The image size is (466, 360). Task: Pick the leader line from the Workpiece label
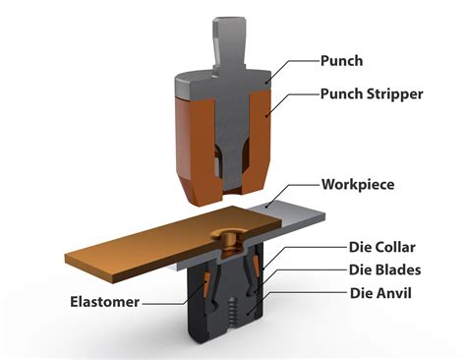tap(295, 190)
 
